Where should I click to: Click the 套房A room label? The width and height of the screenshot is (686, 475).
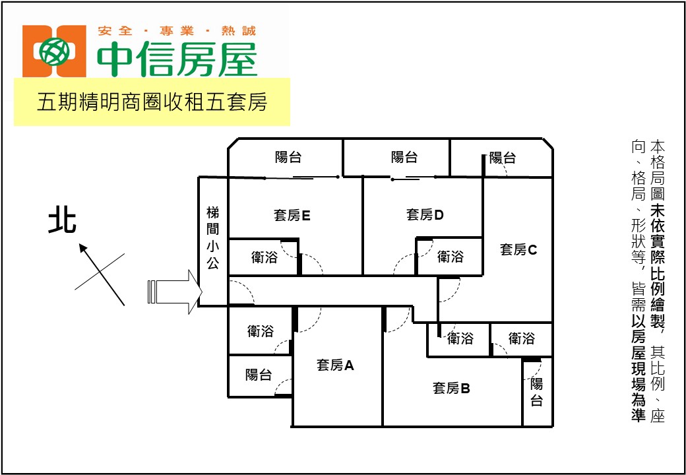coord(334,365)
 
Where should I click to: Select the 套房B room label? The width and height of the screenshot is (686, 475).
coord(451,388)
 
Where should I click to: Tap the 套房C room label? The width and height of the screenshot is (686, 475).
coord(518,250)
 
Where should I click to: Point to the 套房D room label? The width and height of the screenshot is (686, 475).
coord(425,215)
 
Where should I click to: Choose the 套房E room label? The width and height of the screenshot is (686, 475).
coord(292,215)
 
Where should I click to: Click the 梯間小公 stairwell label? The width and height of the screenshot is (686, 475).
coord(213,238)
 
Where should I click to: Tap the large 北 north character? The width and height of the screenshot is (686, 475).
coord(62,222)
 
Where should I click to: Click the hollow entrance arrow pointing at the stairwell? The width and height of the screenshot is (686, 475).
coord(175,292)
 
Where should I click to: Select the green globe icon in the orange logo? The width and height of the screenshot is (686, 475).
coord(54,51)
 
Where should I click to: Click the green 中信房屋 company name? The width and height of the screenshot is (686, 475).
coord(177,59)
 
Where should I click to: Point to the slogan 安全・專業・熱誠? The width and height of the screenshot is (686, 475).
coord(177,31)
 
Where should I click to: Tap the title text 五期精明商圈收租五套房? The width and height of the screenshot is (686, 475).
coord(152,102)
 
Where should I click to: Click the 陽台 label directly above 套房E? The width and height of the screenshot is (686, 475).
coord(288,158)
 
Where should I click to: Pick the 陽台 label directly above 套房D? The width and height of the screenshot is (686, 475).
coord(404,158)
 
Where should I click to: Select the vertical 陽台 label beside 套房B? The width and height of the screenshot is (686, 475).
coord(537,393)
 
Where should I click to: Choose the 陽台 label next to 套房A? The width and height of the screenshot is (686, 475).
coord(259,375)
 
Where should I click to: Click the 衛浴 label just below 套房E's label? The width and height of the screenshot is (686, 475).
coord(265,257)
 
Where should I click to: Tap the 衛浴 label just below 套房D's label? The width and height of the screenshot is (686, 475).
coord(450,257)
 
